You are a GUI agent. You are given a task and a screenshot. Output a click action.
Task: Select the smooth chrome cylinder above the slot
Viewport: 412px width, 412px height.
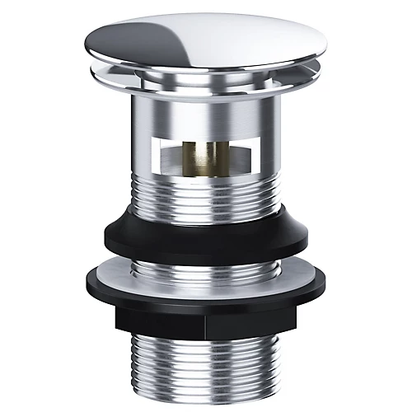coord(206,115)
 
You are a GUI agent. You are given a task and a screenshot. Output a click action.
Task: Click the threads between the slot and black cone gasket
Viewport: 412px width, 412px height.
coord(206,202)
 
